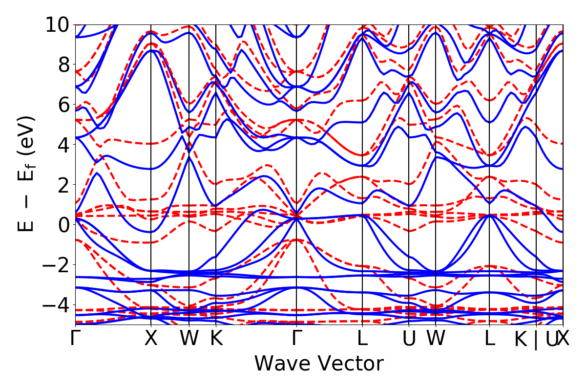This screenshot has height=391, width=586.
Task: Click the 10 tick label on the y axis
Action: (x=58, y=24)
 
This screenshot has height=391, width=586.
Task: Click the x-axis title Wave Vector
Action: (x=319, y=364)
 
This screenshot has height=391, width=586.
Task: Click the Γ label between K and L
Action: (x=296, y=339)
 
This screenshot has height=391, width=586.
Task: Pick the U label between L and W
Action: (x=409, y=339)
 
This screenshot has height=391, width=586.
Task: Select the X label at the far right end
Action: (x=564, y=339)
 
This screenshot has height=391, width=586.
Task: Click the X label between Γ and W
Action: (x=151, y=339)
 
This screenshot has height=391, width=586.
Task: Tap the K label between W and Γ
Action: (x=216, y=339)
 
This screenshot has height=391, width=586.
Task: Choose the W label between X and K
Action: (x=189, y=339)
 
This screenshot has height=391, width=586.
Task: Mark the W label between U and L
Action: (x=435, y=339)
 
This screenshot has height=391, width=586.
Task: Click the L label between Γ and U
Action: (x=362, y=339)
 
